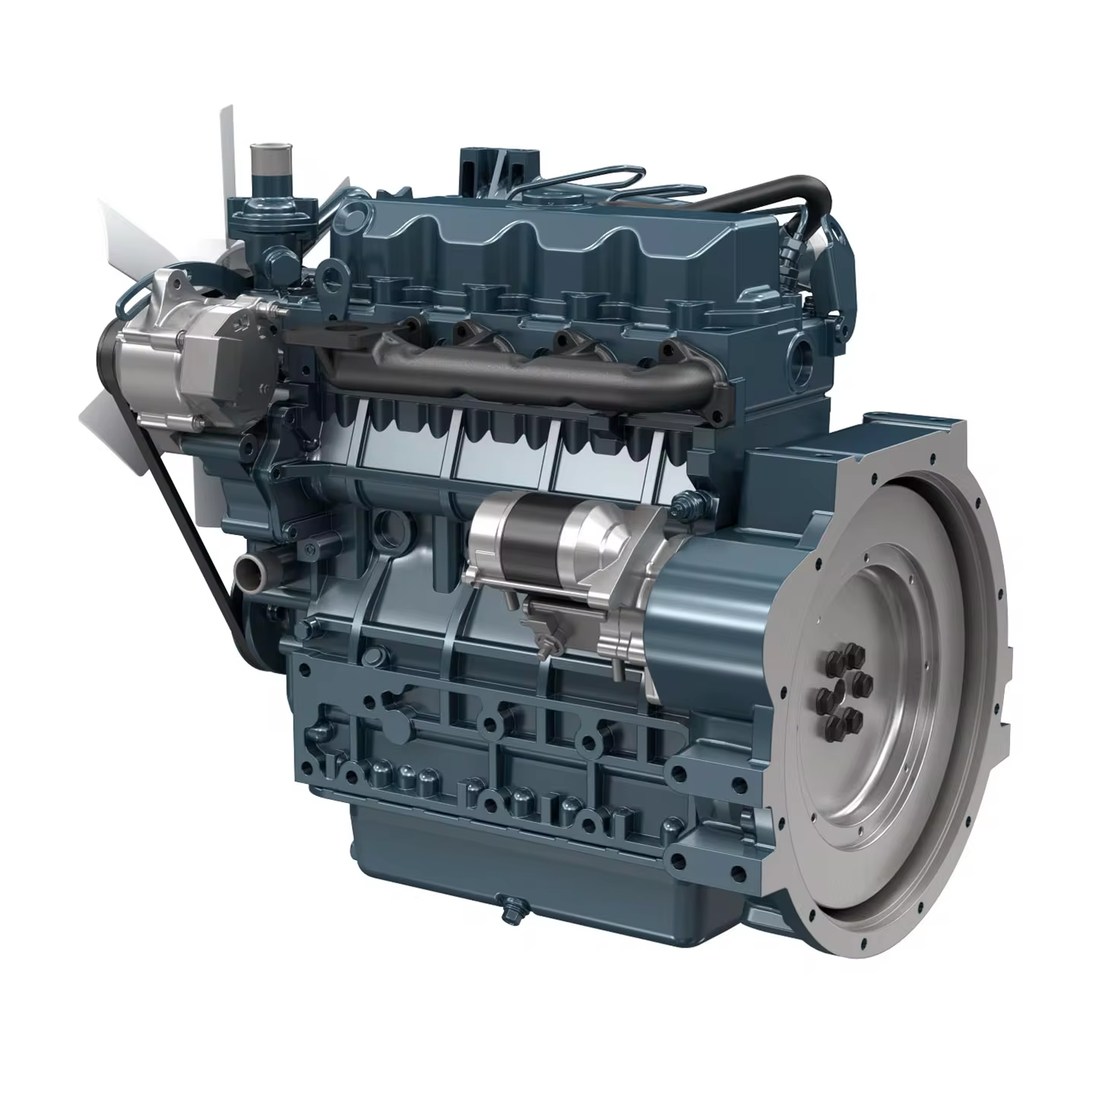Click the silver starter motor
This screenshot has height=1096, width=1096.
click(563, 540)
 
